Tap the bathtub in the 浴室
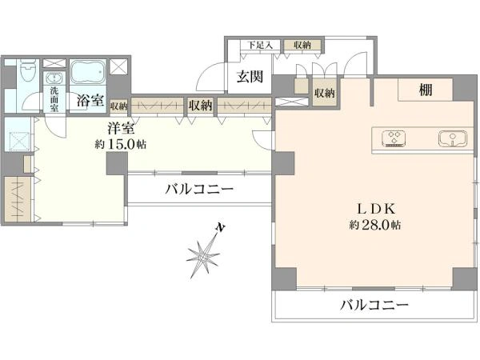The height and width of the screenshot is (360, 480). tap(89, 72)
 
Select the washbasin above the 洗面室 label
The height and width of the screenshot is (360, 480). tap(54, 78)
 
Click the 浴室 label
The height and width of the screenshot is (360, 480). tap(90, 101)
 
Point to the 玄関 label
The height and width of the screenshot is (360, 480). tap(250, 77)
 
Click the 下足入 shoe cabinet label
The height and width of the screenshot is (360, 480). tap(260, 46)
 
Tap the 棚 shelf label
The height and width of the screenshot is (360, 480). tap(426, 90)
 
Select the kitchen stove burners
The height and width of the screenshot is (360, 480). tap(394, 138)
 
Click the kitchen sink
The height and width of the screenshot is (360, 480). tap(453, 138)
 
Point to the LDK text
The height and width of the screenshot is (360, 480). tap(377, 209)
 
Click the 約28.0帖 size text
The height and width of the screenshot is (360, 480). tap(374, 226)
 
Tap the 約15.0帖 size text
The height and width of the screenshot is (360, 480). tap(120, 144)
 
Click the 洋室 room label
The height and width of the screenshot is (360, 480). tap(121, 129)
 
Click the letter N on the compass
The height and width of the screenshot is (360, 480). tap(220, 227)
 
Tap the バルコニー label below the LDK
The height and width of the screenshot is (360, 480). tap(374, 305)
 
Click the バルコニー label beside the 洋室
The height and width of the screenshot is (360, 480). tap(199, 189)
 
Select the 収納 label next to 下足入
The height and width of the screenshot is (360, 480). tap(302, 46)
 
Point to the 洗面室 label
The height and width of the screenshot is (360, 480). tap(54, 99)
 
